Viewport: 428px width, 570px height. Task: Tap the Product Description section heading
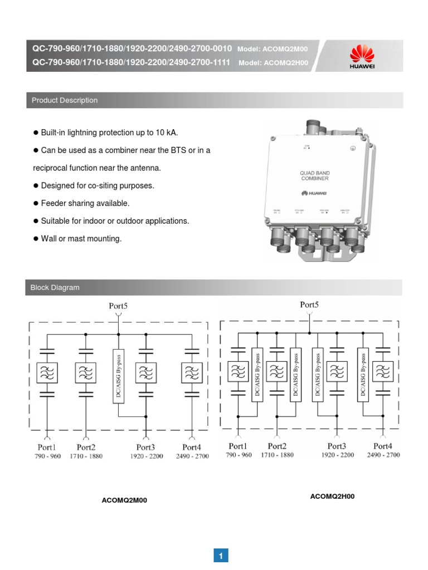click(x=65, y=100)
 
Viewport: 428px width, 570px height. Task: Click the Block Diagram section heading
click(x=56, y=288)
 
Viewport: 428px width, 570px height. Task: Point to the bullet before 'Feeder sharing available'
click(x=36, y=204)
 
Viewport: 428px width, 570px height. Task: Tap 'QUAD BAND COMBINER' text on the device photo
click(x=314, y=176)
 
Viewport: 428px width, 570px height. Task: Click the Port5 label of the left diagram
click(x=118, y=306)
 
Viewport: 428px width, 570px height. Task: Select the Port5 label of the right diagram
click(x=309, y=304)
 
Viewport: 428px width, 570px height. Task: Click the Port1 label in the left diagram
click(x=47, y=447)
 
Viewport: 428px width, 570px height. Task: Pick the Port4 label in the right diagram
click(x=383, y=446)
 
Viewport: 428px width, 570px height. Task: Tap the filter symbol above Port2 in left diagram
click(x=86, y=372)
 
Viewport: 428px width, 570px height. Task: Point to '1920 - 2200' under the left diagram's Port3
click(x=146, y=456)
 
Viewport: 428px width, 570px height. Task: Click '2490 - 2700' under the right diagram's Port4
click(x=383, y=455)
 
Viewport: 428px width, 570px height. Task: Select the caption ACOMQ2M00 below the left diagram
click(x=124, y=500)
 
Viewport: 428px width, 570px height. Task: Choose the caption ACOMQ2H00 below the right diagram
click(x=332, y=497)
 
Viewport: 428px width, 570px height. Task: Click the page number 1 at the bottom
click(x=221, y=556)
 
